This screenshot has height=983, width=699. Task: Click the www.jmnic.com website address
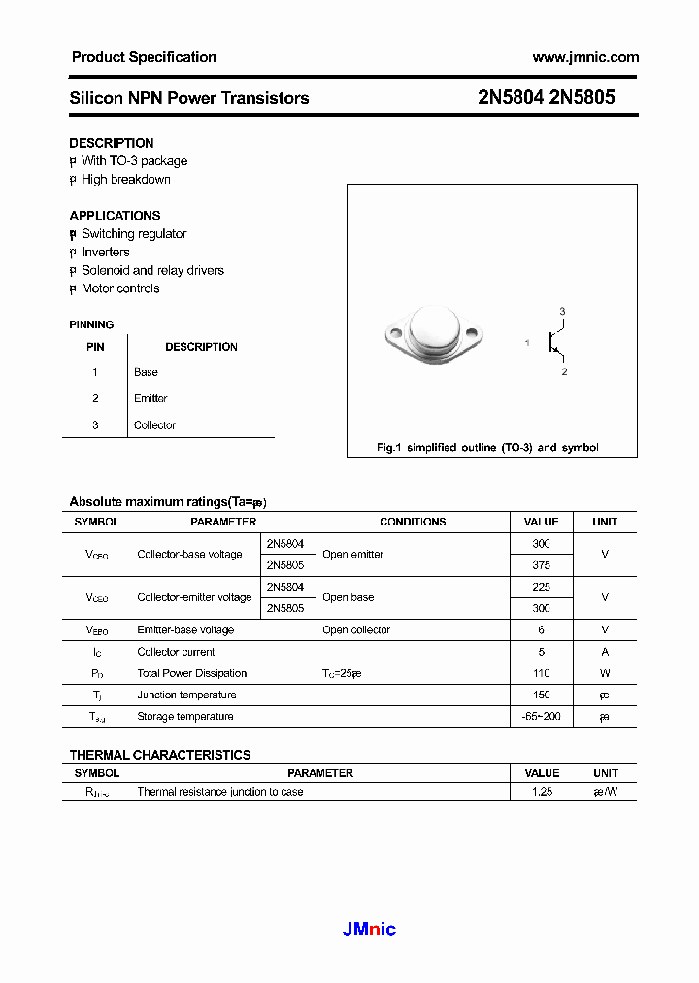click(x=585, y=57)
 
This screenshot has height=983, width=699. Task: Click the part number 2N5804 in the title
click(x=511, y=97)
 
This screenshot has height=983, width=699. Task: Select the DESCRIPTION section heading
click(x=111, y=143)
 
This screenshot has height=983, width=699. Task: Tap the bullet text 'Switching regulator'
click(x=134, y=234)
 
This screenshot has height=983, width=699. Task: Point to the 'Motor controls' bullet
click(x=120, y=288)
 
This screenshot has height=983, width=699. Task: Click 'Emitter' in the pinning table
click(x=150, y=398)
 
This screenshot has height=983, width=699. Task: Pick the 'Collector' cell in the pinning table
click(x=155, y=425)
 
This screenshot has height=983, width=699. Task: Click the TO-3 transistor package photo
click(x=431, y=336)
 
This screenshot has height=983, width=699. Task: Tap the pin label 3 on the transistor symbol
click(x=562, y=311)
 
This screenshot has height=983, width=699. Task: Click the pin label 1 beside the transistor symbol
click(x=527, y=343)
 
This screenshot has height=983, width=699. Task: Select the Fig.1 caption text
click(x=487, y=448)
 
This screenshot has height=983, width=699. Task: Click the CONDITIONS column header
click(x=413, y=522)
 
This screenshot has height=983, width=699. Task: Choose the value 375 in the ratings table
click(x=542, y=565)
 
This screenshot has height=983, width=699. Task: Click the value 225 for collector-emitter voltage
click(x=542, y=587)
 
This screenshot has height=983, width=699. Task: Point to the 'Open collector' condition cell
click(x=356, y=630)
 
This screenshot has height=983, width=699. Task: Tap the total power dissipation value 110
click(x=542, y=673)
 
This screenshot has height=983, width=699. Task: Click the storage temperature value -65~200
click(x=542, y=717)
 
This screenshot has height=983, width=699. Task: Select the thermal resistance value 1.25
click(x=542, y=792)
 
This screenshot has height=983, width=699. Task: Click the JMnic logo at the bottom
click(x=369, y=930)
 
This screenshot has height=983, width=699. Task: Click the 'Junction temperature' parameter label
click(x=186, y=695)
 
